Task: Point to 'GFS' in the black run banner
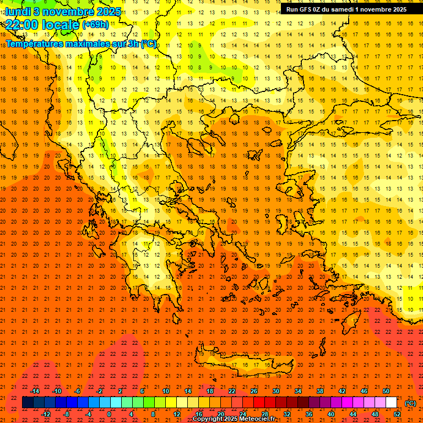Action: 307,9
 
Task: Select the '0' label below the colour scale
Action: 109,414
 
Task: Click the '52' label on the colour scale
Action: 397,414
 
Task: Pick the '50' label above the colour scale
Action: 386,391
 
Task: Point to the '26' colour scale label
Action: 254,391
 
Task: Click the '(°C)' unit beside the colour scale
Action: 410,403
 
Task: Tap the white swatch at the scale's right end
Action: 391,403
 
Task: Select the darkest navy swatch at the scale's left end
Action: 28,403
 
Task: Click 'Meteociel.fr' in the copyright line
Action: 257,419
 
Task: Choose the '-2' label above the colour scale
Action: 100,391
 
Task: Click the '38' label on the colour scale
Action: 320,391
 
